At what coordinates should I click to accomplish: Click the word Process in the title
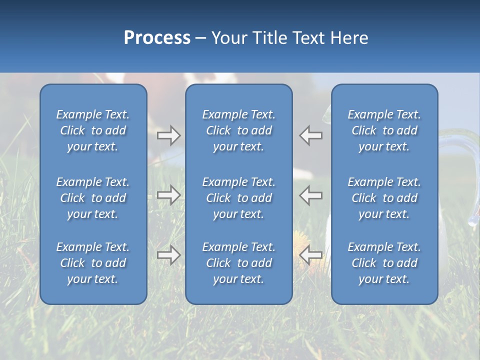coord(157,38)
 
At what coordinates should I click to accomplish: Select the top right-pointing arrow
coord(168,135)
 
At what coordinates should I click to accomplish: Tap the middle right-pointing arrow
coord(168,195)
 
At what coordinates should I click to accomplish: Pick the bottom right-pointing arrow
coord(168,255)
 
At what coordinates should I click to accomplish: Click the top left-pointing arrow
coord(311,135)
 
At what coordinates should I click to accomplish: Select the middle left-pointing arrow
coord(311,195)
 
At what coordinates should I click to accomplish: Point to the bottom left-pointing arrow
coord(311,255)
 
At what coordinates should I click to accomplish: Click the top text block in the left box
coord(93,130)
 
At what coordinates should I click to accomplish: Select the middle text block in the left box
coord(93,198)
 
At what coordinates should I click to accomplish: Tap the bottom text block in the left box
coord(93,263)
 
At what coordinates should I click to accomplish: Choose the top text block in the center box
coord(238,130)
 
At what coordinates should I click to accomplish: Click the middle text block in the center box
coord(238,198)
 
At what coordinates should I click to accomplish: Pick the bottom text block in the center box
coord(238,263)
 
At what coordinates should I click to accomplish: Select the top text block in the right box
coord(384,130)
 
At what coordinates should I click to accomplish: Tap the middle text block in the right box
coord(384,198)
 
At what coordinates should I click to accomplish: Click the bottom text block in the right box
coord(384,263)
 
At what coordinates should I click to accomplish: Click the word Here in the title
coord(349,38)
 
